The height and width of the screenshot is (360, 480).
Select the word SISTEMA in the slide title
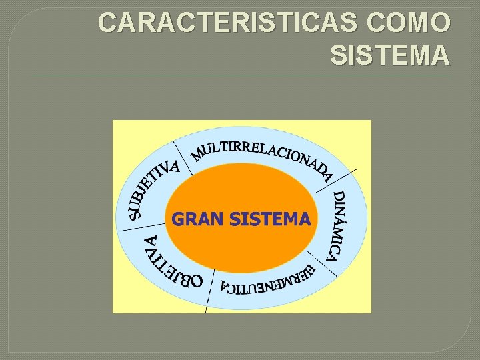[x=389, y=56]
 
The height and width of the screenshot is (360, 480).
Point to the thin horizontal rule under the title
[x=240, y=75]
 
